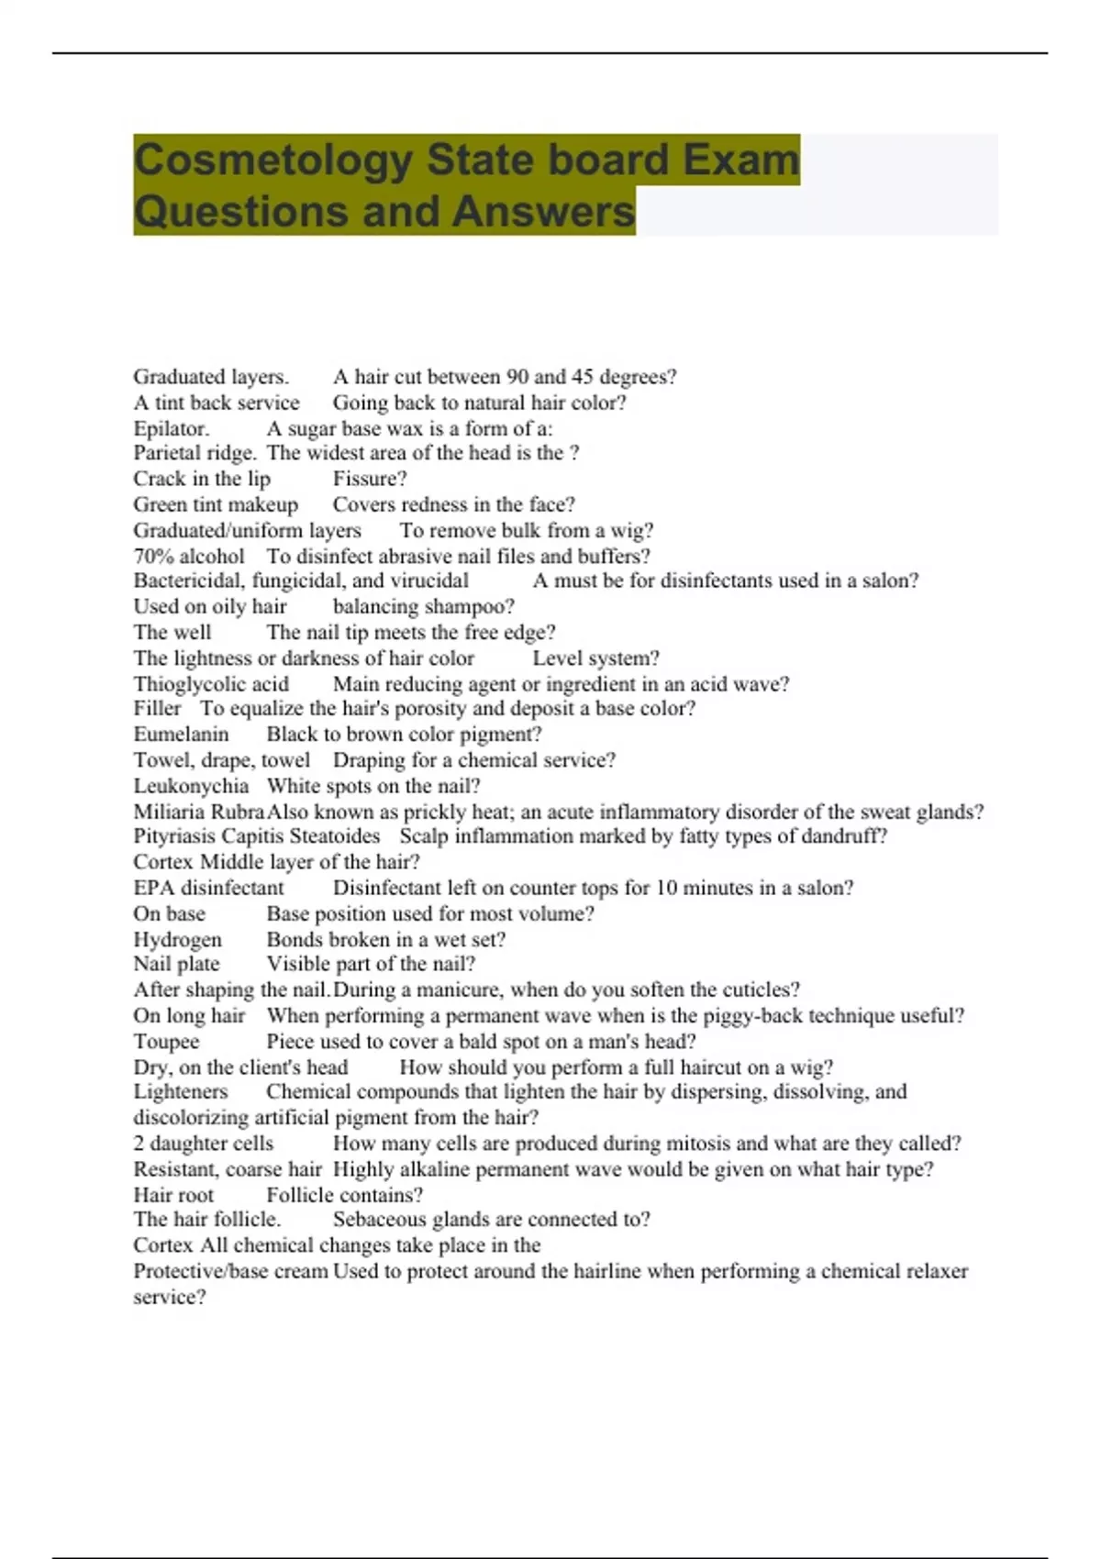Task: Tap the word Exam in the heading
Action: (740, 160)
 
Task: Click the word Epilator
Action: (171, 428)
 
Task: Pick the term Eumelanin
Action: (181, 735)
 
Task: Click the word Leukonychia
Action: (191, 786)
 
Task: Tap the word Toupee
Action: (166, 1042)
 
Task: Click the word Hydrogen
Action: (177, 940)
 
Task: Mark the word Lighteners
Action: (180, 1092)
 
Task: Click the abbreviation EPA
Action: (153, 888)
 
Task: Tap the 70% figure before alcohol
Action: (153, 557)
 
